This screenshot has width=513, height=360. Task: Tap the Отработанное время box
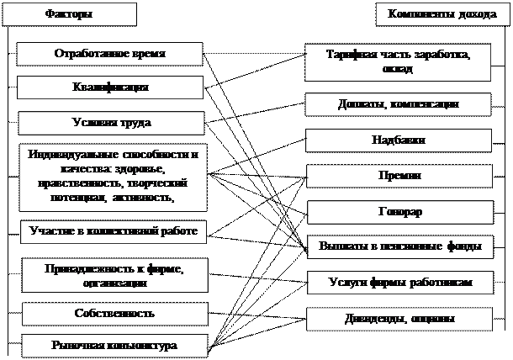point(109,54)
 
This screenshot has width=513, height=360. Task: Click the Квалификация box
point(110,87)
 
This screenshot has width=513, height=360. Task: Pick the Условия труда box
point(112,123)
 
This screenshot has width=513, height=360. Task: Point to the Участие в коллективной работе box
point(114,230)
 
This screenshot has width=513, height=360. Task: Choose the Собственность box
point(114,314)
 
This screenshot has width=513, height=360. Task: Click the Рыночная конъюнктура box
point(114,345)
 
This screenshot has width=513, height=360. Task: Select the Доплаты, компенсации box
point(399,104)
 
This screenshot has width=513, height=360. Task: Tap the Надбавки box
point(398,140)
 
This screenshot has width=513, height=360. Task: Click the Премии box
point(398,176)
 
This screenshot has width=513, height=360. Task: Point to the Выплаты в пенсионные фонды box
point(399,247)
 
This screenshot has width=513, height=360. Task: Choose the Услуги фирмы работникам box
point(399,283)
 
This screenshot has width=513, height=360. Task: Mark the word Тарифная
point(350,54)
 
